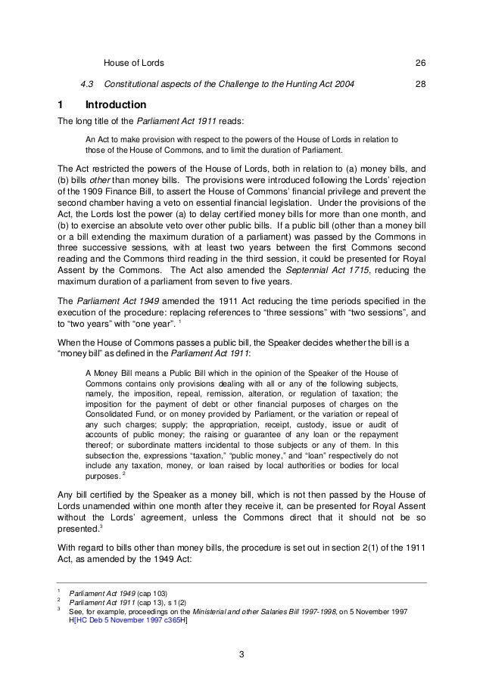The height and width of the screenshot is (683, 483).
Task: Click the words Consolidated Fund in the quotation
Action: (x=119, y=414)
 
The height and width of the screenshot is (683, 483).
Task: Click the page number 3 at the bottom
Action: (x=241, y=654)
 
